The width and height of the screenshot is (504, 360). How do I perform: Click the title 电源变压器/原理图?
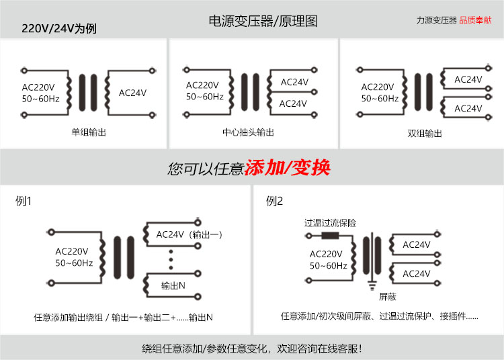click(263, 21)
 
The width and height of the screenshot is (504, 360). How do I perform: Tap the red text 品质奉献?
click(476, 20)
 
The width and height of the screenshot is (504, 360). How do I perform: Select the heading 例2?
click(275, 201)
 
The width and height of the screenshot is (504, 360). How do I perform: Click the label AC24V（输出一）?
click(189, 234)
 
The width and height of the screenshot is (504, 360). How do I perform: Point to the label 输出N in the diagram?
click(173, 285)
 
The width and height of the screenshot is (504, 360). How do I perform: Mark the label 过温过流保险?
click(330, 223)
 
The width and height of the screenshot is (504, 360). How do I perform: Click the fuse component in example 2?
click(331, 236)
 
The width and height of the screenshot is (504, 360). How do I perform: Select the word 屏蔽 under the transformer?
click(388, 296)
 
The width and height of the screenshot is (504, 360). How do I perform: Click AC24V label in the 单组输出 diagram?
click(132, 93)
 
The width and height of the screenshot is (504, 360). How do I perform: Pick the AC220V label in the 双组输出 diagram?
click(378, 87)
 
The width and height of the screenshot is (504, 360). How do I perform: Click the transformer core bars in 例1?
click(122, 257)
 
